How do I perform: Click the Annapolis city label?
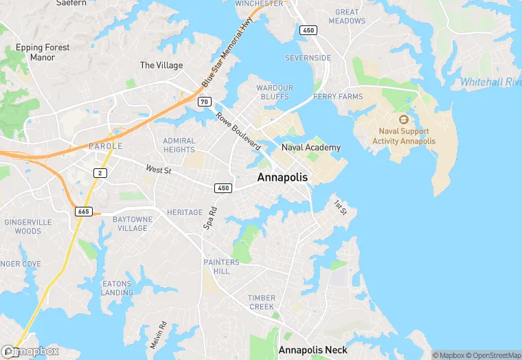(x=282, y=177)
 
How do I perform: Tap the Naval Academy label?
(x=310, y=148)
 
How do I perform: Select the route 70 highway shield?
(x=204, y=102)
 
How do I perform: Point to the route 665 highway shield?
(x=83, y=211)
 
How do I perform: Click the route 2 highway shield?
(x=101, y=172)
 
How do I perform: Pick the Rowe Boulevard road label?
(x=238, y=131)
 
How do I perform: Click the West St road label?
(x=158, y=169)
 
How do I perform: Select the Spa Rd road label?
(x=210, y=218)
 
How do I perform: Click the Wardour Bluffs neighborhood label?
(x=275, y=92)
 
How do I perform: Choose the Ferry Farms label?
(x=338, y=97)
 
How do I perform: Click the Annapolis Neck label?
(x=313, y=350)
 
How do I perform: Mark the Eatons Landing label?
(x=117, y=288)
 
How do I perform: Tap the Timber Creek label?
(x=262, y=302)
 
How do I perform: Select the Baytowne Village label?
(x=133, y=223)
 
